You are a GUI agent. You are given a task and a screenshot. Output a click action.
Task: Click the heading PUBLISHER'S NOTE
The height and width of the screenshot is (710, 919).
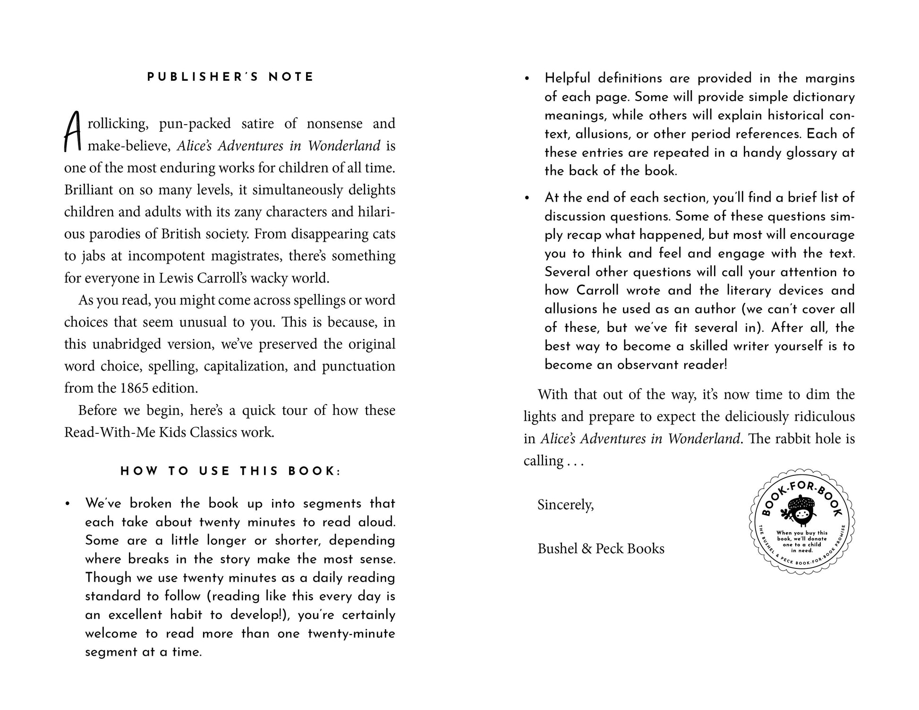click(230, 77)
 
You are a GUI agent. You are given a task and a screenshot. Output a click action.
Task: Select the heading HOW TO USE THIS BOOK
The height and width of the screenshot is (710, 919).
click(230, 471)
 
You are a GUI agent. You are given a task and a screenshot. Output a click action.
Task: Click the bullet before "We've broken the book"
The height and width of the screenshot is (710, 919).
click(68, 504)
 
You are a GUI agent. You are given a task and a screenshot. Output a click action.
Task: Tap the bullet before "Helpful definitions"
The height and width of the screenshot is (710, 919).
click(528, 79)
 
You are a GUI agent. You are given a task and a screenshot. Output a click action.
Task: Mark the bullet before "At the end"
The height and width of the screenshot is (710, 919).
click(528, 198)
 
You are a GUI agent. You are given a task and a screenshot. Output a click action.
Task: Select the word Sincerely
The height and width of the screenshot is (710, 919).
click(565, 505)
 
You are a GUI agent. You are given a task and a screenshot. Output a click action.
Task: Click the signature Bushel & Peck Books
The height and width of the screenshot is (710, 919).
click(601, 549)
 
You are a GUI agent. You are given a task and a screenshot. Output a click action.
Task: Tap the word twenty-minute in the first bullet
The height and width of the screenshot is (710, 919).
click(351, 634)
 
